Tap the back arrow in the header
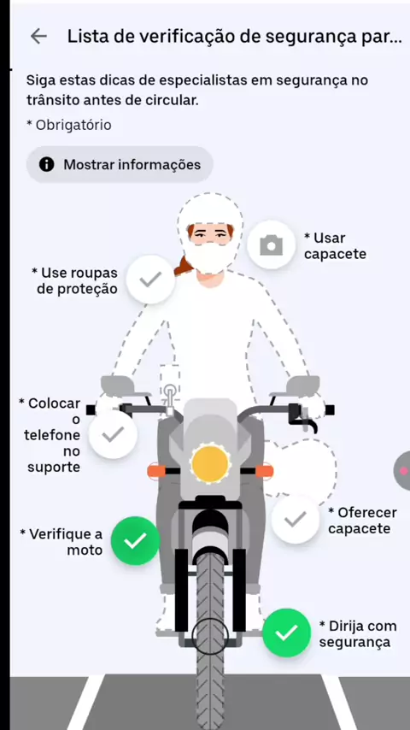[38, 36]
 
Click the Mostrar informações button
[120, 164]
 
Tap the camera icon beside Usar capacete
[272, 244]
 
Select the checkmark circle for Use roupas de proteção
[151, 280]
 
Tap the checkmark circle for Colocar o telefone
[113, 434]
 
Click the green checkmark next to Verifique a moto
[136, 540]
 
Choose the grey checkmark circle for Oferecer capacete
[296, 519]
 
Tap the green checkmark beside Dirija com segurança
[286, 633]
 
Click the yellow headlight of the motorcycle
[210, 463]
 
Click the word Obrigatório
[73, 125]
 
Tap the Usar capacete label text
[335, 246]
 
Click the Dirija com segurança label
[358, 634]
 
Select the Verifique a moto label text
[61, 542]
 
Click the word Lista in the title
[84, 36]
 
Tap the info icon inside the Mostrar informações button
[46, 164]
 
